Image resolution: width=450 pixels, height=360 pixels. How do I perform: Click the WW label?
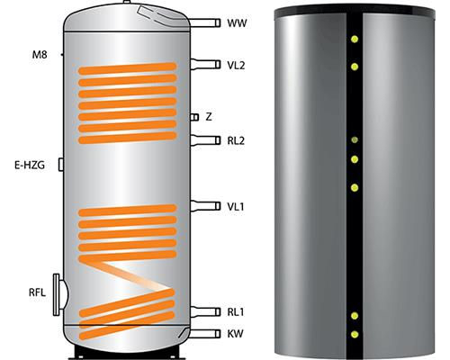pos(237,23)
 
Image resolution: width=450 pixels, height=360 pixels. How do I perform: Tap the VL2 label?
pos(236,65)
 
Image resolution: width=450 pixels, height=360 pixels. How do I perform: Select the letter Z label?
pos(209,117)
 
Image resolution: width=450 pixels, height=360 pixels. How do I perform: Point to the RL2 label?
pos(236,140)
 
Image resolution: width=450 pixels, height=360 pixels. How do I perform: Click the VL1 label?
pos(236,206)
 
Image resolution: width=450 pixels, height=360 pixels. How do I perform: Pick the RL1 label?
pos(236,312)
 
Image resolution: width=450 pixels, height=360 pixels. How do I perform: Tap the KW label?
pos(235,334)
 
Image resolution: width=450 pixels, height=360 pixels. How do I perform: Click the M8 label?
pos(40,55)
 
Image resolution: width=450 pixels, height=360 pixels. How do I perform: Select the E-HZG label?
pos(30,165)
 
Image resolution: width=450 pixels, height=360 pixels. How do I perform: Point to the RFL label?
pos(37,292)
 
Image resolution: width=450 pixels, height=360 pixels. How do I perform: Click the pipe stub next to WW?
pos(205,22)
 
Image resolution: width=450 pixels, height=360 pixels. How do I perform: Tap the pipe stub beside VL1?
pos(205,206)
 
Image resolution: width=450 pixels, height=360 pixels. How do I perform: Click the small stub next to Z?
pos(194,117)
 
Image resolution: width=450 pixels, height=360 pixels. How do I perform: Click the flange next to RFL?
pos(60,294)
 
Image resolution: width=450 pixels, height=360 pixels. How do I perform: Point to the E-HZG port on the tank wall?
pos(61,165)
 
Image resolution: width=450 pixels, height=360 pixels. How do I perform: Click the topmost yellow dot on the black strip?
pos(355,39)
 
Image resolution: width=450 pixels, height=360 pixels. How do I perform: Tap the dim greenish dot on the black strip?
pos(355,139)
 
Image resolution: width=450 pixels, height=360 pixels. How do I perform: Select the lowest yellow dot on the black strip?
pos(355,334)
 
